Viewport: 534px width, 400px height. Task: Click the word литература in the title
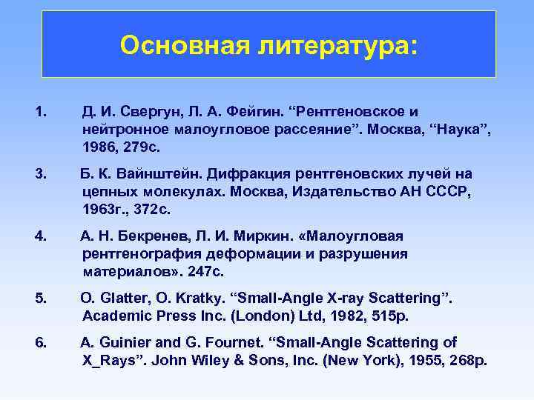tap(333, 46)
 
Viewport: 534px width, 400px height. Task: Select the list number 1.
tap(40, 112)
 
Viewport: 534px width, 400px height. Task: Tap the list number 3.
tap(40, 174)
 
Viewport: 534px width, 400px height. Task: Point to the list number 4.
tap(40, 236)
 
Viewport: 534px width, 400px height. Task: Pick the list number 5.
tap(40, 299)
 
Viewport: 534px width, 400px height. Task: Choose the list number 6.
tap(40, 343)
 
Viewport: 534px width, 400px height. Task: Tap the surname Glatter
tap(125, 299)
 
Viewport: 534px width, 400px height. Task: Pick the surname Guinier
tap(125, 343)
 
